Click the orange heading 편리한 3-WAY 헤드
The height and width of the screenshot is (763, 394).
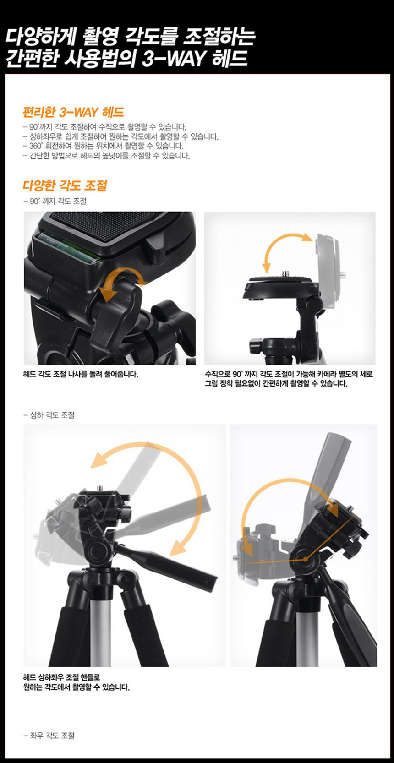point(73,112)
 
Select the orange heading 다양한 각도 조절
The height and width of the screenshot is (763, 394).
point(65,185)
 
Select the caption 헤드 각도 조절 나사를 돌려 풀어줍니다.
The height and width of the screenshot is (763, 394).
point(81,374)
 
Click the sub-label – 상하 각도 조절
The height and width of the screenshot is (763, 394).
point(49,415)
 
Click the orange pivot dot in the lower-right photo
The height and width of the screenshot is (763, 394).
point(306,559)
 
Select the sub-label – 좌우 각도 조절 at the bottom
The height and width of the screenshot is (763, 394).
point(49,736)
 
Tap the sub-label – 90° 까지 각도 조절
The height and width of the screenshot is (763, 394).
point(55,202)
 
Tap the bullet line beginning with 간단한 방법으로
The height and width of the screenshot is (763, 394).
point(106,156)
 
